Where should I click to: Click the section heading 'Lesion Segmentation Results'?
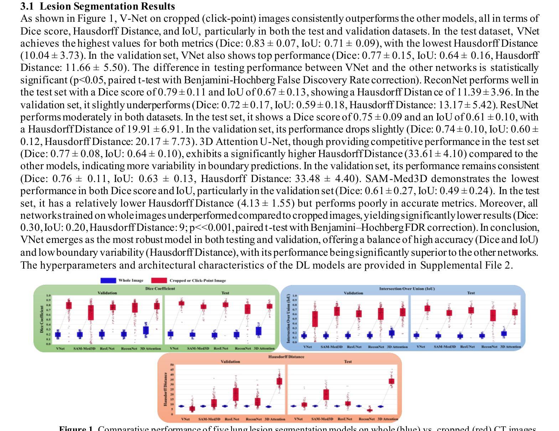point(107,6)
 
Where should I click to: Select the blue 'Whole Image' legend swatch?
point(108,281)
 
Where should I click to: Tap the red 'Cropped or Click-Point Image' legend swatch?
point(159,281)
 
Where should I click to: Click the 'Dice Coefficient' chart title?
point(160,289)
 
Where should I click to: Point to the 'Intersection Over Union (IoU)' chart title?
point(407,289)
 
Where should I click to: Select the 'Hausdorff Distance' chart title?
point(286,357)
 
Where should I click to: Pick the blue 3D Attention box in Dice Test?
point(259,331)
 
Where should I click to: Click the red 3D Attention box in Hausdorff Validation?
point(279,381)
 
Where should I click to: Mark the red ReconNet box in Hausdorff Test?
point(370,410)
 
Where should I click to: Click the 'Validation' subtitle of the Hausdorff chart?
point(230,362)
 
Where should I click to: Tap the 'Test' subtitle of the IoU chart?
point(471,293)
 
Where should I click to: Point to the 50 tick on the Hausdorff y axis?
point(172,365)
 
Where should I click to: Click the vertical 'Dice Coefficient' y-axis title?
point(42,319)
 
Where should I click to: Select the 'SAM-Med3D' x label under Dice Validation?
point(84,348)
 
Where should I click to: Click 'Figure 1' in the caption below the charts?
point(76,429)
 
